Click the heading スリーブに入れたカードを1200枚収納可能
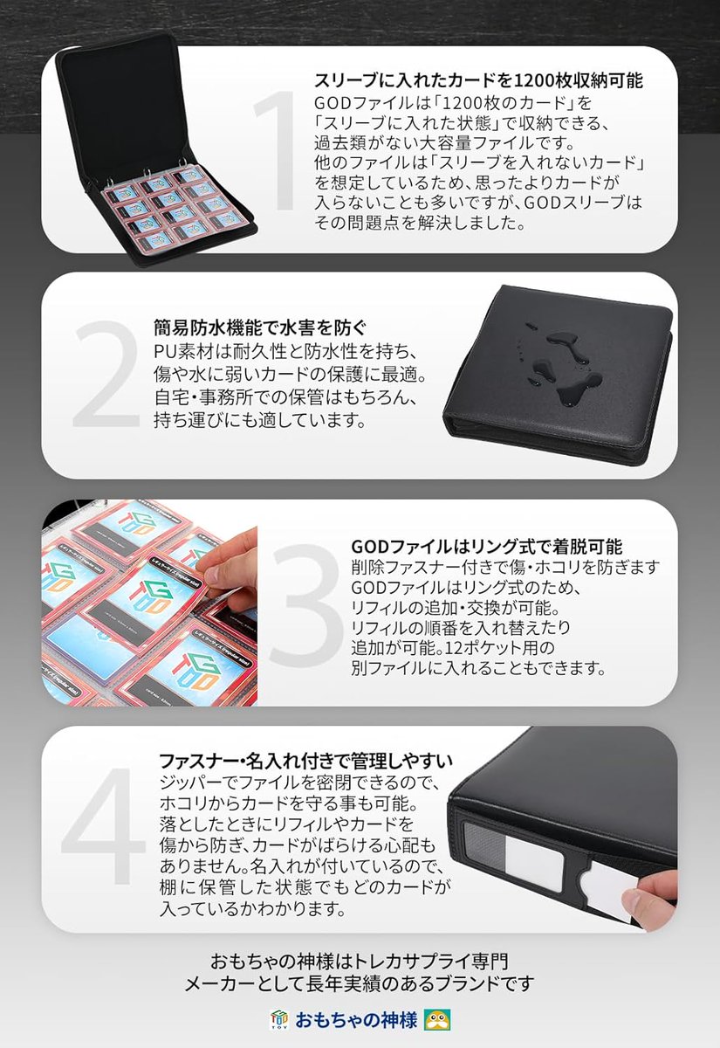coord(478,81)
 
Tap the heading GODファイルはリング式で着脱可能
coord(486,548)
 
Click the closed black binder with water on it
coord(559,367)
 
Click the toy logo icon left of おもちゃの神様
coord(280,1018)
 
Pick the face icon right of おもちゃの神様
coord(435,1018)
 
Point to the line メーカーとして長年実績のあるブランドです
coord(360,984)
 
